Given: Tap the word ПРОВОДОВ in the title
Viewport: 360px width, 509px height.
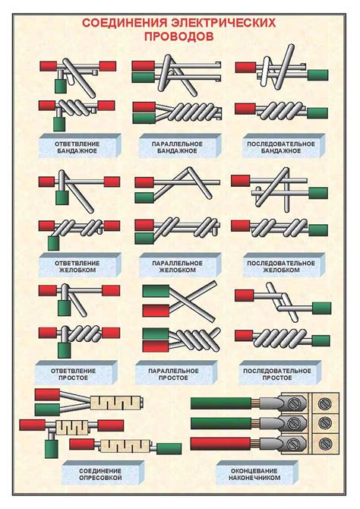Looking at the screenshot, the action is pos(179,36).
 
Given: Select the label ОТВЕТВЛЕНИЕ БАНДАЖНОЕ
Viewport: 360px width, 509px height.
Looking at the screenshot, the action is pos(77,147).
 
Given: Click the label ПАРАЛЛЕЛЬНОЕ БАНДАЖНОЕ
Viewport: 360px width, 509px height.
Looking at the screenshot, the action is pos(177,147).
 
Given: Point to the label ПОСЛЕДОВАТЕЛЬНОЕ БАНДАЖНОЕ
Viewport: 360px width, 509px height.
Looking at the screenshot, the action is pos(281,147).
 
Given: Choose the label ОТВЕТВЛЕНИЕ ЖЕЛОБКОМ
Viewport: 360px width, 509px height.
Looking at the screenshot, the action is pos(77,266).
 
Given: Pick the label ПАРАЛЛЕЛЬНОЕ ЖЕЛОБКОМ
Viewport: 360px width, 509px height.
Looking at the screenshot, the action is pos(177,266).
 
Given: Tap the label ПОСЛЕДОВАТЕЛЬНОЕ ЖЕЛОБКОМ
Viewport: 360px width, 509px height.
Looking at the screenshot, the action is pos(281,266).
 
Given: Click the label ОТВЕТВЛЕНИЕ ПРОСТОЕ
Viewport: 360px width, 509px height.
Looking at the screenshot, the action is pos(73,375).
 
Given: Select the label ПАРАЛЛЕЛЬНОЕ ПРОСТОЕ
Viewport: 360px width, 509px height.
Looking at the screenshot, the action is pos(173,375).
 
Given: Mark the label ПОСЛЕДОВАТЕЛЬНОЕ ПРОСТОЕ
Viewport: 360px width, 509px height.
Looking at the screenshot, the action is pos(277,375).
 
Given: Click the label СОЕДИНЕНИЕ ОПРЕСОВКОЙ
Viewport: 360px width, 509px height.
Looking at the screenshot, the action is pos(100,474).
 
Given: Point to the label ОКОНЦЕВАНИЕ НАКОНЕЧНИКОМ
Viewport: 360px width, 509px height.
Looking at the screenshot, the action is pos(254,474).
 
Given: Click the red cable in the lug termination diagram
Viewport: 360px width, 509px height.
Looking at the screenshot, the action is pos(220,444).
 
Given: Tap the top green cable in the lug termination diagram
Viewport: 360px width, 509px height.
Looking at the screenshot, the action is pos(220,403).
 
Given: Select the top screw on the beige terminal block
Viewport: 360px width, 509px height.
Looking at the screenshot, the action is pos(324,403).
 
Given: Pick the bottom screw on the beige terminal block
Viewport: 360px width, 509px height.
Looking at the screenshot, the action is pos(324,444).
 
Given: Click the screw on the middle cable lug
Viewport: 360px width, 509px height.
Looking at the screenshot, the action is pos(294,423).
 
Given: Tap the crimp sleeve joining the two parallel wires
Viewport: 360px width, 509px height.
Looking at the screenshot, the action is pos(116,403).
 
